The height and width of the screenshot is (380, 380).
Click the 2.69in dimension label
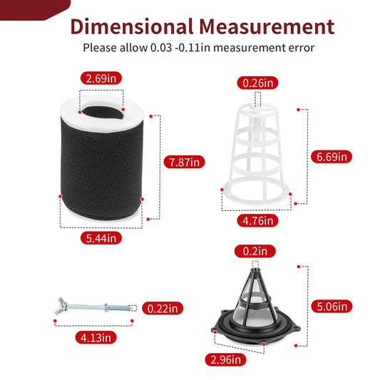(101, 78)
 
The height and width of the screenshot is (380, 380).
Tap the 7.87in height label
(184, 162)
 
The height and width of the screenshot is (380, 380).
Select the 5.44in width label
(101, 238)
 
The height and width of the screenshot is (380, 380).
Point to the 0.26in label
(257, 83)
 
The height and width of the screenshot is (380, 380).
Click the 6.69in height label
(332, 157)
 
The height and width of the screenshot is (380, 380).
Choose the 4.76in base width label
(257, 220)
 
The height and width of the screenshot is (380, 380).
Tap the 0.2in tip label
(255, 251)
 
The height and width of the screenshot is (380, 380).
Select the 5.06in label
(332, 307)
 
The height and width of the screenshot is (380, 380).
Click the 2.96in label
(225, 359)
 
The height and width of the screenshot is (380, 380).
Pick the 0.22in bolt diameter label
(163, 308)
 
